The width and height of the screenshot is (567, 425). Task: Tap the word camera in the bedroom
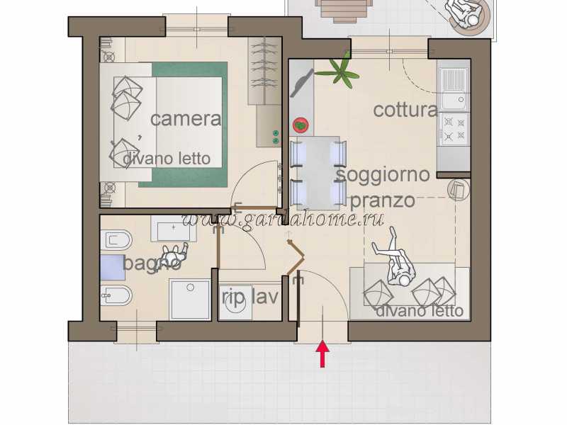pos(186,118)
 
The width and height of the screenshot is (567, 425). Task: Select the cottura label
pos(405,110)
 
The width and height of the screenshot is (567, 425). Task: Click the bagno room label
pos(152,263)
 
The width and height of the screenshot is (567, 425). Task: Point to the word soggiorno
pos(383,174)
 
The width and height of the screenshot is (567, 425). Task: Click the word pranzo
pos(383,200)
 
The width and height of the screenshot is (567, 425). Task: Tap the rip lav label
pos(250,297)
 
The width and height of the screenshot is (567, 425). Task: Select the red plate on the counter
pos(301,125)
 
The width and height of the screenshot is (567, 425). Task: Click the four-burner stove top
pos(454,130)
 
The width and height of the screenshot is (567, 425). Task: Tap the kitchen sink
pos(454,89)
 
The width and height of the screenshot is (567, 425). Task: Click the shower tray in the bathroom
pos(190,299)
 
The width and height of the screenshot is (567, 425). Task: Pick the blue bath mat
pos(113,268)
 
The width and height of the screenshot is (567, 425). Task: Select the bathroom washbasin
pos(173,229)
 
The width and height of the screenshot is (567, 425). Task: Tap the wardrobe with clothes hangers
pos(264,71)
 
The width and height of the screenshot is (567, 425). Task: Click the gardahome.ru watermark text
pos(283,219)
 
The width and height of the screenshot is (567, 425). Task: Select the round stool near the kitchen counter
pos(458,189)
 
